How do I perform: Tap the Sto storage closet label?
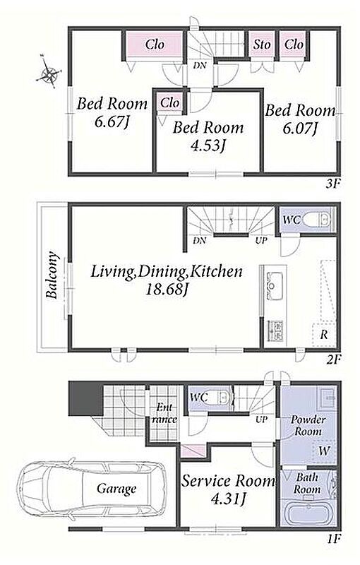click(x=262, y=44)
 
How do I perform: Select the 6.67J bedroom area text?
click(x=112, y=122)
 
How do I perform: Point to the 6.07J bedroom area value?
click(x=301, y=128)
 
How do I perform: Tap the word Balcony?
click(x=52, y=275)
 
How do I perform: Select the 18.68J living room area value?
click(x=167, y=290)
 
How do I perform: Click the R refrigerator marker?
click(x=324, y=335)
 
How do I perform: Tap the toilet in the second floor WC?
click(x=317, y=219)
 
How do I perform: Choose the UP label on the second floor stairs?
click(x=261, y=240)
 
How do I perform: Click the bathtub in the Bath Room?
click(x=308, y=512)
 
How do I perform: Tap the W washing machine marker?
click(x=324, y=451)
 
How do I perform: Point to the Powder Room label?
click(x=308, y=425)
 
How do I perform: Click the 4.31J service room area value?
click(x=228, y=499)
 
